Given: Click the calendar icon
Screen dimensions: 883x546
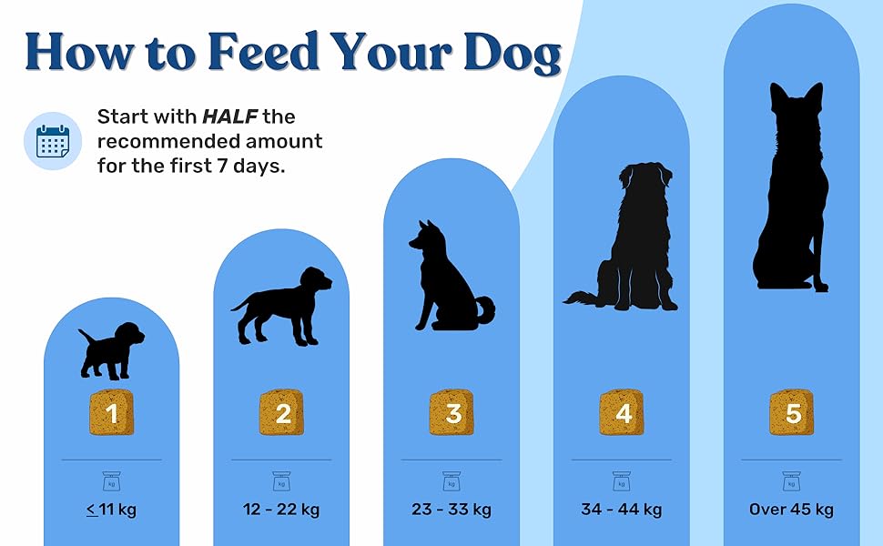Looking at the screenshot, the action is click(53, 141).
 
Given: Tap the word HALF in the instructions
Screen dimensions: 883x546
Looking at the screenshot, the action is click(229, 116).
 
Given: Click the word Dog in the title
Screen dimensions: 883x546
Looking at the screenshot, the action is click(512, 53).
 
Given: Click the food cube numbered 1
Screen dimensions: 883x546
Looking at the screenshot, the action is click(111, 412).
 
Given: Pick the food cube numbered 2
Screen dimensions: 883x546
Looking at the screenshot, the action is click(281, 412).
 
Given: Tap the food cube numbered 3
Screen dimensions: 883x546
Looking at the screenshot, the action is click(452, 412).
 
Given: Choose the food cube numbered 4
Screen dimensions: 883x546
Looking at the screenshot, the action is click(622, 412).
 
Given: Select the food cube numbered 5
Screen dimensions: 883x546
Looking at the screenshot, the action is click(792, 412).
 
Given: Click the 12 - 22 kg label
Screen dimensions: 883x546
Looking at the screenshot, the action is click(281, 510).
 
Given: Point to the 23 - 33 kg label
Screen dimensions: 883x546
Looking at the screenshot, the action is click(452, 510).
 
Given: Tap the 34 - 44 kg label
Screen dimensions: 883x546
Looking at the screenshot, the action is click(621, 510).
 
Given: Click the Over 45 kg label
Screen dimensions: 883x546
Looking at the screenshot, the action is click(791, 510).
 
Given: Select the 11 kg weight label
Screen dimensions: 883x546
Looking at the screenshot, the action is click(111, 510).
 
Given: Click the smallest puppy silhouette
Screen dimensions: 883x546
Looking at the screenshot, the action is click(111, 350).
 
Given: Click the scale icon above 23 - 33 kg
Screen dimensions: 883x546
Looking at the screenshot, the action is click(452, 481).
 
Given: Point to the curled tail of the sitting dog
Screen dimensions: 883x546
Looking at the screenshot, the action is click(485, 310).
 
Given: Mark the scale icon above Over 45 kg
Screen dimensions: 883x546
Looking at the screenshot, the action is click(792, 481).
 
